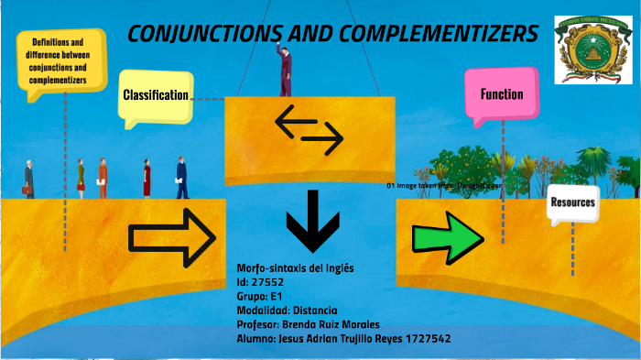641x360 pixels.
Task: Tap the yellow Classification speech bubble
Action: [x=156, y=96]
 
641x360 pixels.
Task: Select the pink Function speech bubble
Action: [x=502, y=94]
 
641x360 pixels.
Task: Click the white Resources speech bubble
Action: [x=572, y=202]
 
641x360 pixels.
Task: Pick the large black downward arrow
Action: [x=314, y=221]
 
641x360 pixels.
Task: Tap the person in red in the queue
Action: [x=102, y=176]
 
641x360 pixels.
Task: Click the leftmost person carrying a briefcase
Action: [x=29, y=179]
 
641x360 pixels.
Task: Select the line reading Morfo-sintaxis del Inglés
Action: [x=295, y=267]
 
